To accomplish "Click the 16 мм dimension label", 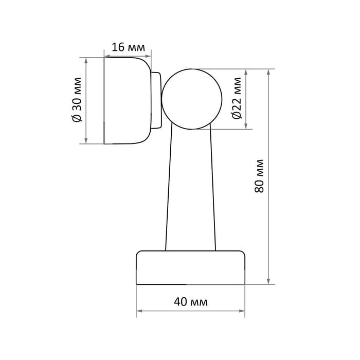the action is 129,47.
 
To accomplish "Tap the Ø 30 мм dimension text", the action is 77,100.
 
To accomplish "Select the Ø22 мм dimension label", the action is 237,98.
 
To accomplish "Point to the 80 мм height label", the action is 259,176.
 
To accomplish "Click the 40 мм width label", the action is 191,302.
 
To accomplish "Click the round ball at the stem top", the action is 192,99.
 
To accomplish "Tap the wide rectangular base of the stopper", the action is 191,268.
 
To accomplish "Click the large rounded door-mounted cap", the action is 128,101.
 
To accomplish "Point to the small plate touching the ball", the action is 156,100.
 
